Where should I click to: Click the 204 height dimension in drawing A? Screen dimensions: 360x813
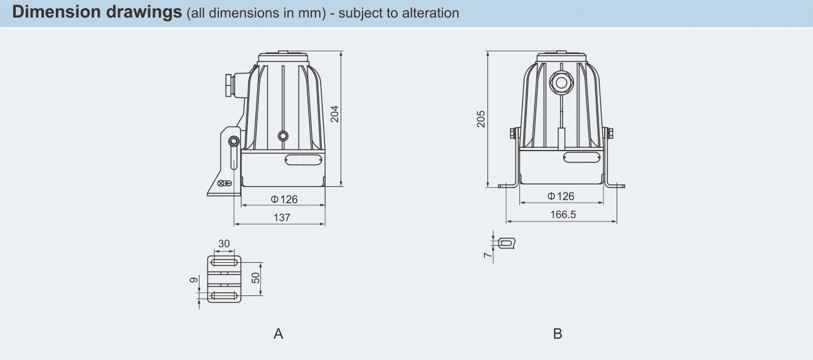335,114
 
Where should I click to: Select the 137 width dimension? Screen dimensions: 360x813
282,218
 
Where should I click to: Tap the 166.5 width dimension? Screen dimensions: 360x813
563,214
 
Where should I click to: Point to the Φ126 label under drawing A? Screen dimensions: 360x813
284,199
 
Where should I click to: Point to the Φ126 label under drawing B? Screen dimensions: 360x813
561,196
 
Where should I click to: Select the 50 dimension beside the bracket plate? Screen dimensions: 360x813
256,278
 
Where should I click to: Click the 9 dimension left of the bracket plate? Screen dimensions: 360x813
194,280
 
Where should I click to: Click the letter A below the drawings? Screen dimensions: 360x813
279,334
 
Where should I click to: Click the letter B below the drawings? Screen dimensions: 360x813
558,334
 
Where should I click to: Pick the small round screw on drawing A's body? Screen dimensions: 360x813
283,135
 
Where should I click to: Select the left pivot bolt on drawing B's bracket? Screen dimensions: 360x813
513,133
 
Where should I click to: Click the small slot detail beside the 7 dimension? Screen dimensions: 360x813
506,243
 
